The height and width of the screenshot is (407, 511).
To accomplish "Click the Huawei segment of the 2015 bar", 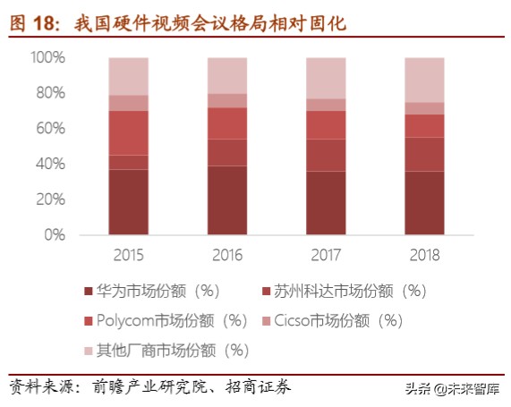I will point(129,201).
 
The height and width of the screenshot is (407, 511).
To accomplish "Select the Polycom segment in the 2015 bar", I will point(129,132).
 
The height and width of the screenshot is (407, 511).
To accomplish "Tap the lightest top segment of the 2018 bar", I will point(424,80).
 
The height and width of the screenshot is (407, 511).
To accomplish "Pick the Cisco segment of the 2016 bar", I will point(227,100).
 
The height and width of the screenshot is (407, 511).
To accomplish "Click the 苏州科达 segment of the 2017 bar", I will point(326,155).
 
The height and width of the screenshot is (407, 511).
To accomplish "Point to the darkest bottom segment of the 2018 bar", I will point(424,202).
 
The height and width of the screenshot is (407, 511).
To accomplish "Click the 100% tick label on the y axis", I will point(47,57).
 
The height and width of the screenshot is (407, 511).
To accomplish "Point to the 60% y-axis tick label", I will point(50,129).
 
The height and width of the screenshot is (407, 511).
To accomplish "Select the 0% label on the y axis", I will point(54,235).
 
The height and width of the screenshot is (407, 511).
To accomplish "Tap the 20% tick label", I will point(50,199).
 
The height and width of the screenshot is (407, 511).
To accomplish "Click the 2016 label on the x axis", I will point(227,255).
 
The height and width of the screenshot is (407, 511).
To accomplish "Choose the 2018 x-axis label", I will point(424,255).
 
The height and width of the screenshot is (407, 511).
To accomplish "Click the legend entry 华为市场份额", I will point(157,291).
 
